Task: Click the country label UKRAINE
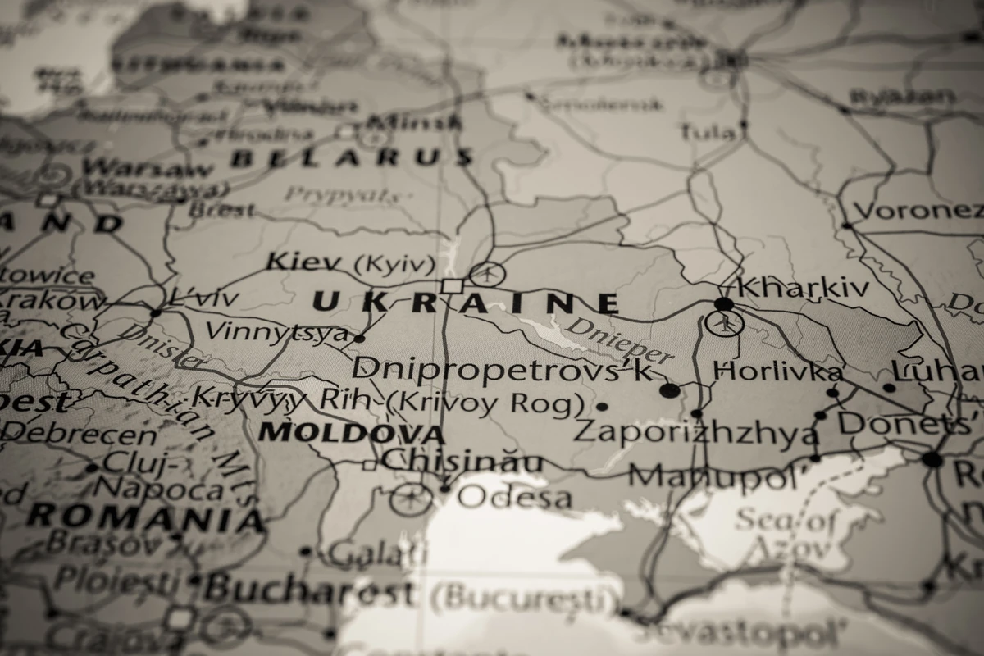pyautogui.click(x=465, y=303)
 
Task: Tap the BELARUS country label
pyautogui.click(x=352, y=157)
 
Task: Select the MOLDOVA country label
pyautogui.click(x=351, y=432)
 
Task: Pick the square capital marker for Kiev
pyautogui.click(x=452, y=285)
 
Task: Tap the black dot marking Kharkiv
pyautogui.click(x=723, y=304)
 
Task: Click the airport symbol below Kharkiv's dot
pyautogui.click(x=724, y=323)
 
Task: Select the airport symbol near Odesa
pyautogui.click(x=410, y=498)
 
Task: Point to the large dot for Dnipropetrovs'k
pyautogui.click(x=670, y=390)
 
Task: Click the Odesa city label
pyautogui.click(x=514, y=496)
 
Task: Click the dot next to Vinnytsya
pyautogui.click(x=359, y=337)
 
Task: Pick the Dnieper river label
pyautogui.click(x=620, y=339)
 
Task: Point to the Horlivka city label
pyautogui.click(x=777, y=371)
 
